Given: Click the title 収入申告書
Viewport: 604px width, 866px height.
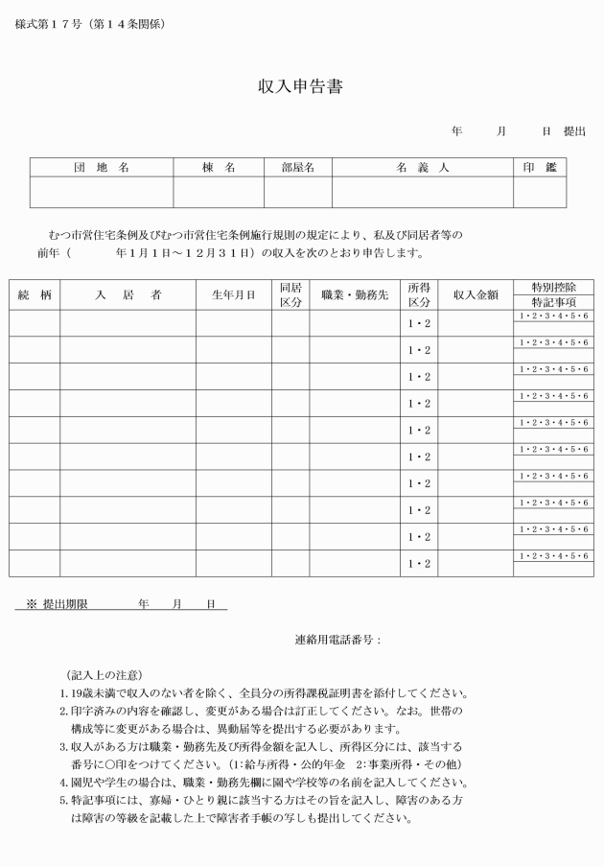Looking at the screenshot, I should (x=301, y=86).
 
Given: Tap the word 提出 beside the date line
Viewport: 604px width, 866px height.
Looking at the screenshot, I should (x=573, y=131).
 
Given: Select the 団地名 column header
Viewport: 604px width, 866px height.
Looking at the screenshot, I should (x=102, y=168).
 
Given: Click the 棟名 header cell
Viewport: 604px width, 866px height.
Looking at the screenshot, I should (x=219, y=168).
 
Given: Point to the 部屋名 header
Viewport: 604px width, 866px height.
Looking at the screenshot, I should (x=297, y=168).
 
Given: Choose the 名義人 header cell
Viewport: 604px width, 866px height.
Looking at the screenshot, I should (x=422, y=168).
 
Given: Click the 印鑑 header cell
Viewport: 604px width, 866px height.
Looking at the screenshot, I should (x=539, y=168).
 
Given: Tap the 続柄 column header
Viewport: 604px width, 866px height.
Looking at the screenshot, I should (x=35, y=295).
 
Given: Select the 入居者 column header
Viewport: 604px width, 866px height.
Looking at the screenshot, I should (x=128, y=295).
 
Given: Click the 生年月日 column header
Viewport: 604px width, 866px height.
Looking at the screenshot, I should (x=233, y=295).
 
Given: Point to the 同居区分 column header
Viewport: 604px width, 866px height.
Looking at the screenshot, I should (x=290, y=295).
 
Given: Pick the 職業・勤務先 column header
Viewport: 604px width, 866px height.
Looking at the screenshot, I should (x=354, y=295).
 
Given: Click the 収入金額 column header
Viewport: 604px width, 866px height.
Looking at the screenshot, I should (x=476, y=295).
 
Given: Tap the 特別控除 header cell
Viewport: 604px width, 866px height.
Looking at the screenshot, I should (x=552, y=288).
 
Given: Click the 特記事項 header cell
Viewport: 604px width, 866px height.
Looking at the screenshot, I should (x=552, y=302).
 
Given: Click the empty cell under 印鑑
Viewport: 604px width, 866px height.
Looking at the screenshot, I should (x=539, y=192).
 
